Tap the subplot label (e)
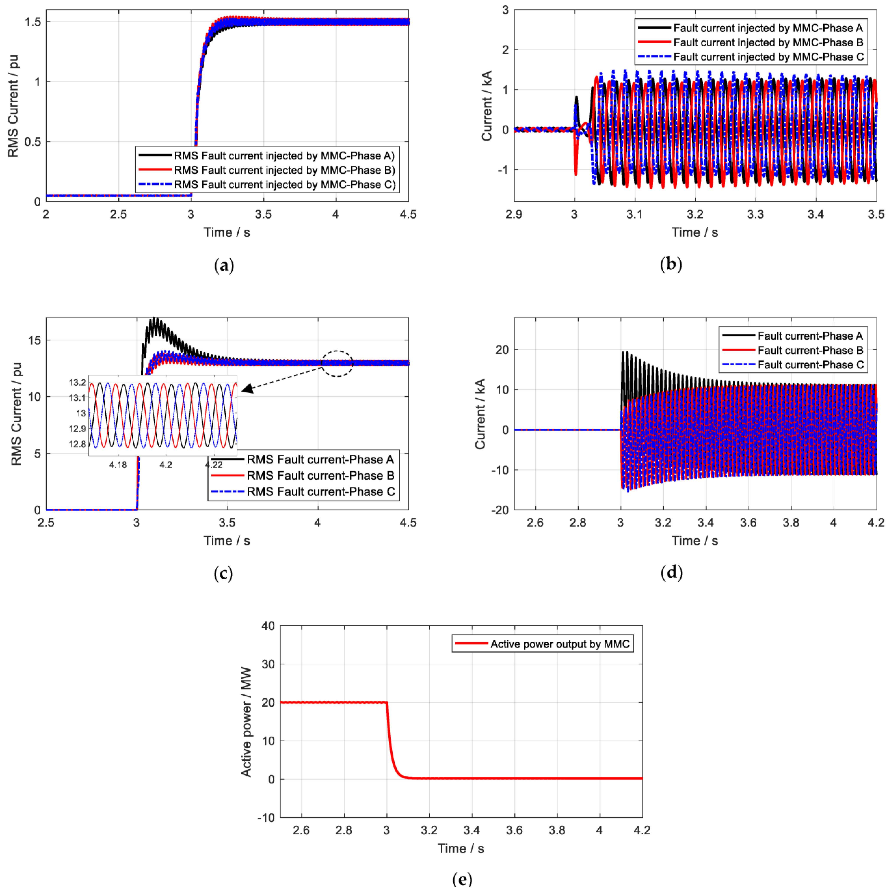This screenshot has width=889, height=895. (x=462, y=879)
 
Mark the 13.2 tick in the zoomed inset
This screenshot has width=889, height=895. (x=77, y=383)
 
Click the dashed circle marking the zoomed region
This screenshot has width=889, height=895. (x=337, y=364)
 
